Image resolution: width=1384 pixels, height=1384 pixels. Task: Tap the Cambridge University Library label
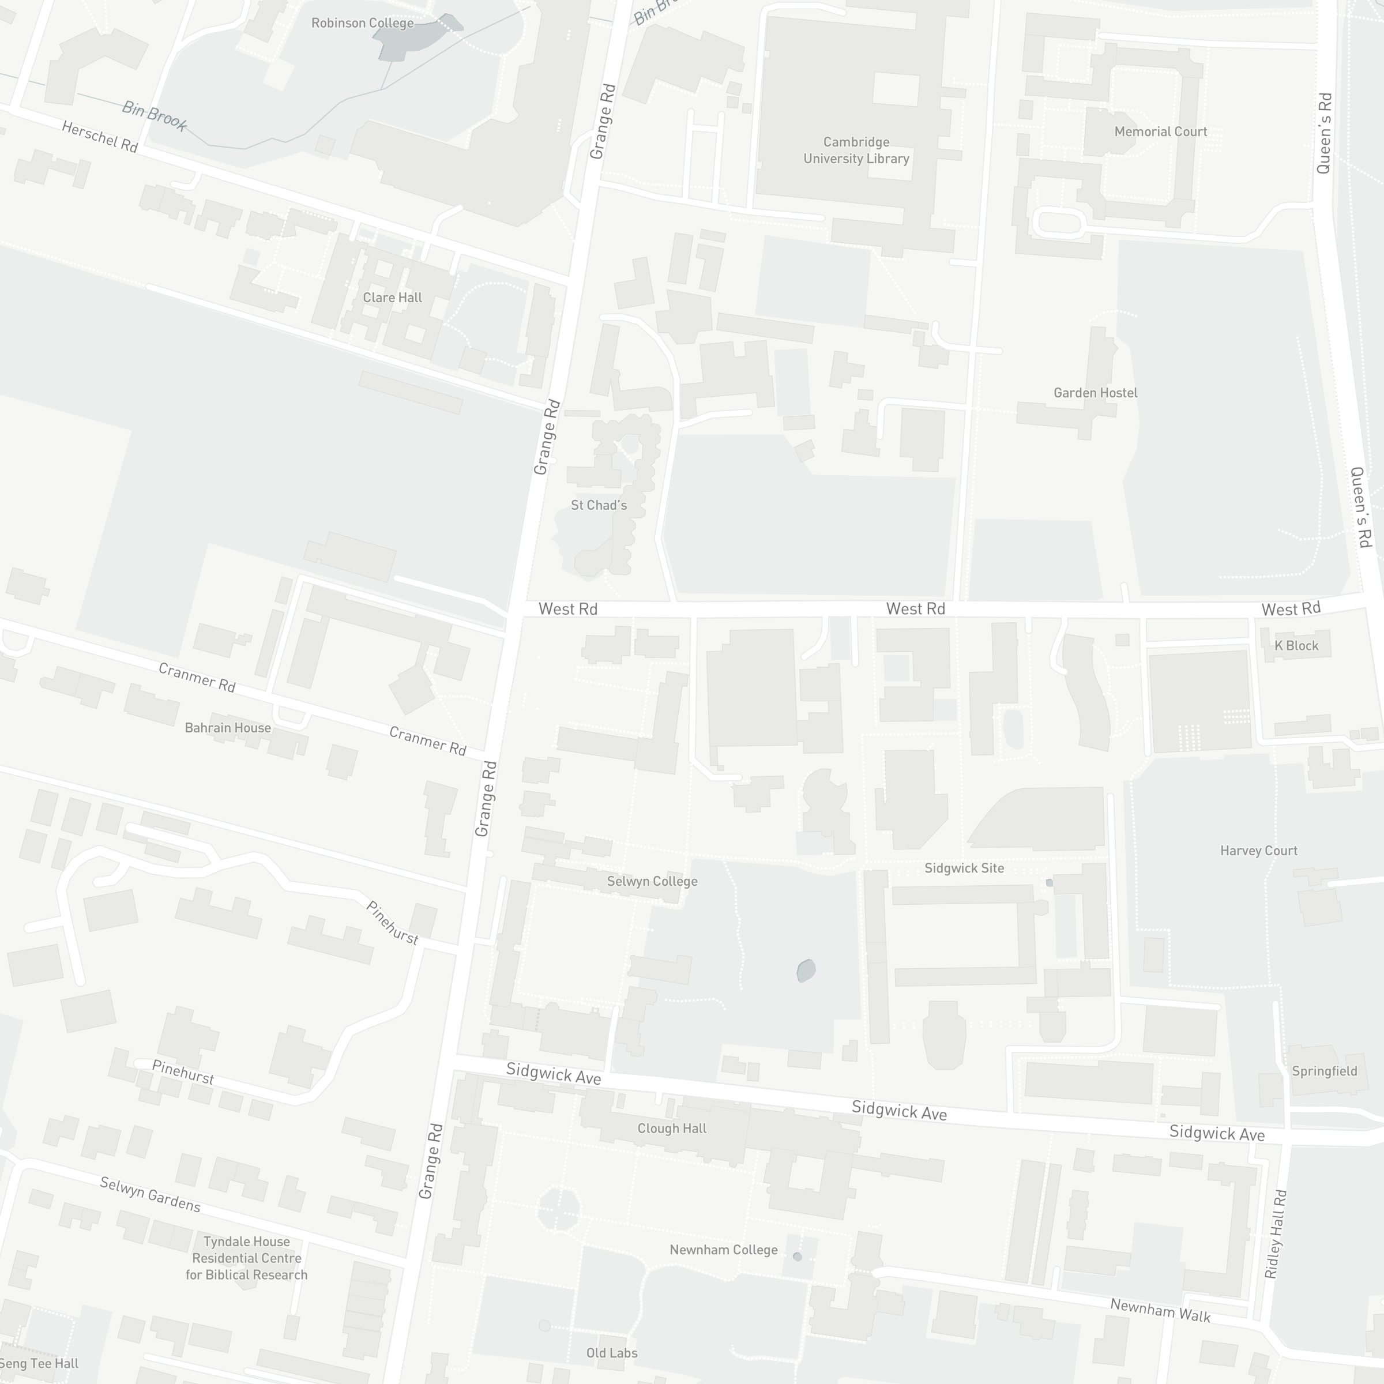point(856,151)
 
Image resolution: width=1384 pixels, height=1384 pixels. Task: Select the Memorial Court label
point(1160,132)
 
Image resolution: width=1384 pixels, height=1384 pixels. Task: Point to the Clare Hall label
point(392,298)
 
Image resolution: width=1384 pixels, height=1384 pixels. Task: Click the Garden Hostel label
point(1095,393)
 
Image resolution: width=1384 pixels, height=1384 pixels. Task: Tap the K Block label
point(1296,645)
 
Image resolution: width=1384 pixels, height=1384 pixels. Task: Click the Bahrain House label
point(228,728)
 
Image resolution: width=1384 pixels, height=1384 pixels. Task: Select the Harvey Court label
point(1259,851)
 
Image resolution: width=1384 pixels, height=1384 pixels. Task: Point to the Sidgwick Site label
point(964,868)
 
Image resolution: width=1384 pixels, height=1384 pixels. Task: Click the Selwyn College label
point(652,881)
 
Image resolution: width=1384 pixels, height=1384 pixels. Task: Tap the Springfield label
point(1324,1071)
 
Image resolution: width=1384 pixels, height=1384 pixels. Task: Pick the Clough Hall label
point(671,1129)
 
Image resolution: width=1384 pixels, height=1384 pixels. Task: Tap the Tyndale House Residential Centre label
point(246,1258)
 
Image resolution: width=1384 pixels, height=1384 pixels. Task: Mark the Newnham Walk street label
point(1160,1310)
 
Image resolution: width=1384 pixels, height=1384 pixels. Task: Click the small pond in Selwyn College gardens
point(806,970)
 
